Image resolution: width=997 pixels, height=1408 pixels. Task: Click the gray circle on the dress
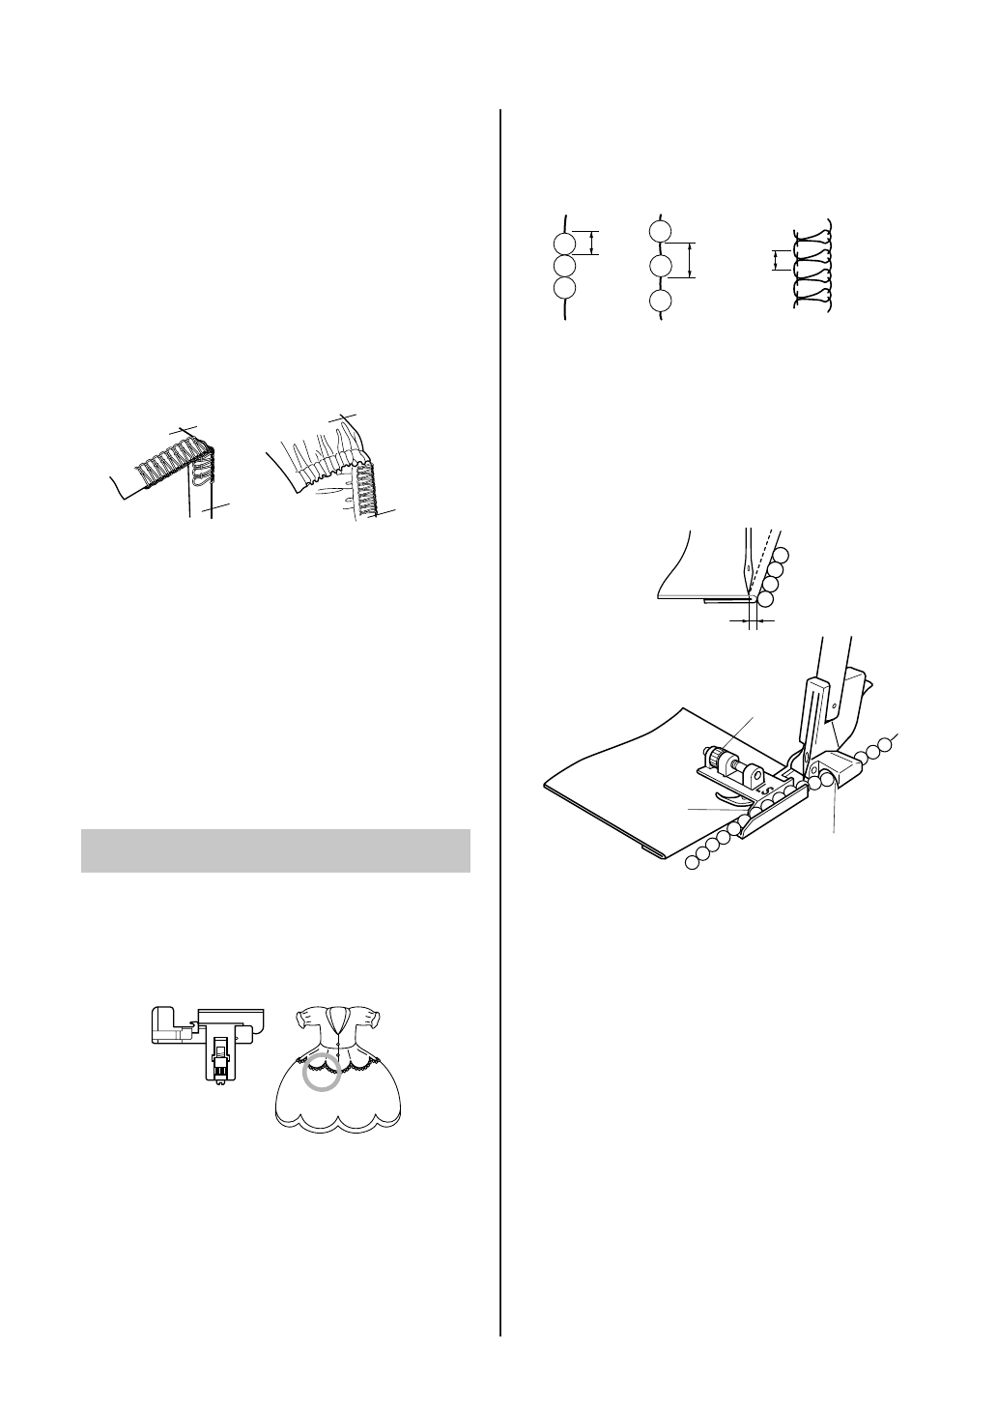tap(321, 1076)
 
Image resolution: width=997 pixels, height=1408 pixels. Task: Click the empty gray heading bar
tap(275, 850)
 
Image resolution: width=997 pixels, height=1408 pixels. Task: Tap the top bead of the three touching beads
tap(564, 243)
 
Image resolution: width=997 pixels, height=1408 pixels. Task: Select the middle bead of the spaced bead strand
tap(660, 266)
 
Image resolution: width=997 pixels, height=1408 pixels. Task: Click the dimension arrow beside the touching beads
tap(593, 243)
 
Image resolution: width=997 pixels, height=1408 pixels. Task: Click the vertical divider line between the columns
tap(500, 676)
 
